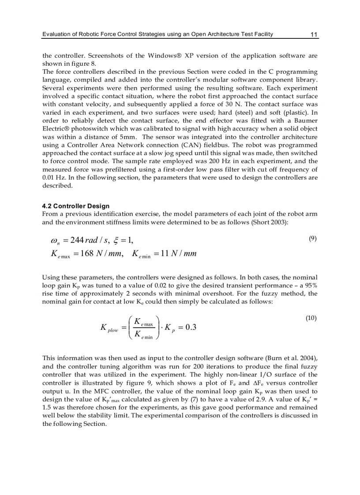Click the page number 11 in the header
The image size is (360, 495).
click(x=314, y=34)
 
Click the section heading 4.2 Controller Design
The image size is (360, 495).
click(x=76, y=206)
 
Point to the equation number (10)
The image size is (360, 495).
click(x=311, y=318)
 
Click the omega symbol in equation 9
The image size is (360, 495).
click(x=55, y=241)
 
